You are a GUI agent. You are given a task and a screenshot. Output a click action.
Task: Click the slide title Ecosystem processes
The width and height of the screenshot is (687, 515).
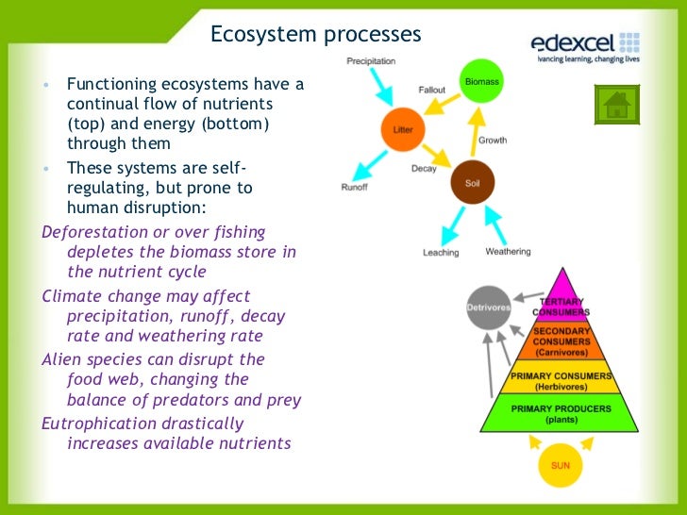click(x=315, y=35)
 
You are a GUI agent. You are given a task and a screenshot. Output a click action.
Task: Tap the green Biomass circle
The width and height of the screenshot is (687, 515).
click(x=481, y=83)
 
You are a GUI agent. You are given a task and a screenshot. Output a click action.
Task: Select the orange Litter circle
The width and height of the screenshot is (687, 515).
click(x=403, y=128)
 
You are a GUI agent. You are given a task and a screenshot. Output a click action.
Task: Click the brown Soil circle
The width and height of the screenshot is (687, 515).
click(x=473, y=183)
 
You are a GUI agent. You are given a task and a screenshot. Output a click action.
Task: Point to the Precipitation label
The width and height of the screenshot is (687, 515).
click(x=370, y=60)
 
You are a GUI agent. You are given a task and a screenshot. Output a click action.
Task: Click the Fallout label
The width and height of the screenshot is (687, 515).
click(x=432, y=91)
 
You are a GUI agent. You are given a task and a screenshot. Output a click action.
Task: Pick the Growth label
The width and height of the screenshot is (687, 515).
click(x=493, y=141)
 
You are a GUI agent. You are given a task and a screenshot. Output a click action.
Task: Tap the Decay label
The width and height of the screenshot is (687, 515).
click(x=424, y=169)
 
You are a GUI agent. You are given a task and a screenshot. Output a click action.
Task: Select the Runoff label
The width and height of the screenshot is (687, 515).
click(x=354, y=188)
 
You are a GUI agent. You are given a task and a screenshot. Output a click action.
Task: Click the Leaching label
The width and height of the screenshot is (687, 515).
click(x=441, y=253)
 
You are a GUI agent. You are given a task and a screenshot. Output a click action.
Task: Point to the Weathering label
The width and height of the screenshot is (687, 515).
click(x=508, y=252)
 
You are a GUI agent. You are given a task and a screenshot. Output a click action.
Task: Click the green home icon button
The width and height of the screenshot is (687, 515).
click(x=616, y=104)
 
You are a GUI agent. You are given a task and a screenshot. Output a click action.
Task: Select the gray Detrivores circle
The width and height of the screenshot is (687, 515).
click(x=488, y=307)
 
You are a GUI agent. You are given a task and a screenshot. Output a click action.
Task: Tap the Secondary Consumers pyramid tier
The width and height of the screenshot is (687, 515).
click(x=561, y=341)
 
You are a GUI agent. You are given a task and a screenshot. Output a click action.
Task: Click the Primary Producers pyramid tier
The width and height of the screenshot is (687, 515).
click(x=561, y=413)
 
